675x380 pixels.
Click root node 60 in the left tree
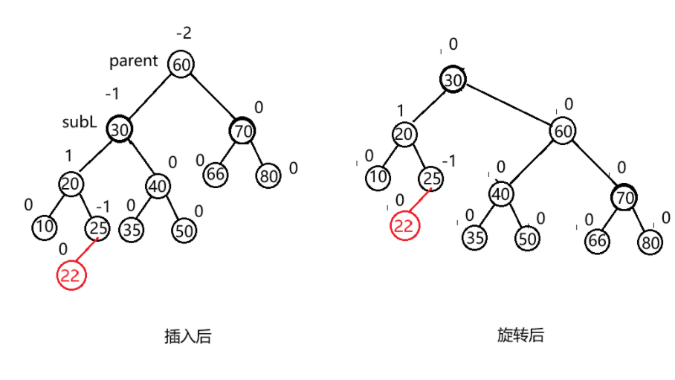coord(181,65)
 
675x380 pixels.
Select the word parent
coord(134,61)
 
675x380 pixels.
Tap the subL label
coord(79,122)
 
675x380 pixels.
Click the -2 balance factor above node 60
coord(184,33)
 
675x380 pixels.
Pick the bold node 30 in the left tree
coord(119,129)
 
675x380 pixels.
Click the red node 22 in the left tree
coord(71,275)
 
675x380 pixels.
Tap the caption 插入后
coord(187,335)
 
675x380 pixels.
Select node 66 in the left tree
coord(216,175)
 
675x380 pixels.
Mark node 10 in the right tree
coord(378,178)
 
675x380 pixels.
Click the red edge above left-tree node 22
coord(85,251)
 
